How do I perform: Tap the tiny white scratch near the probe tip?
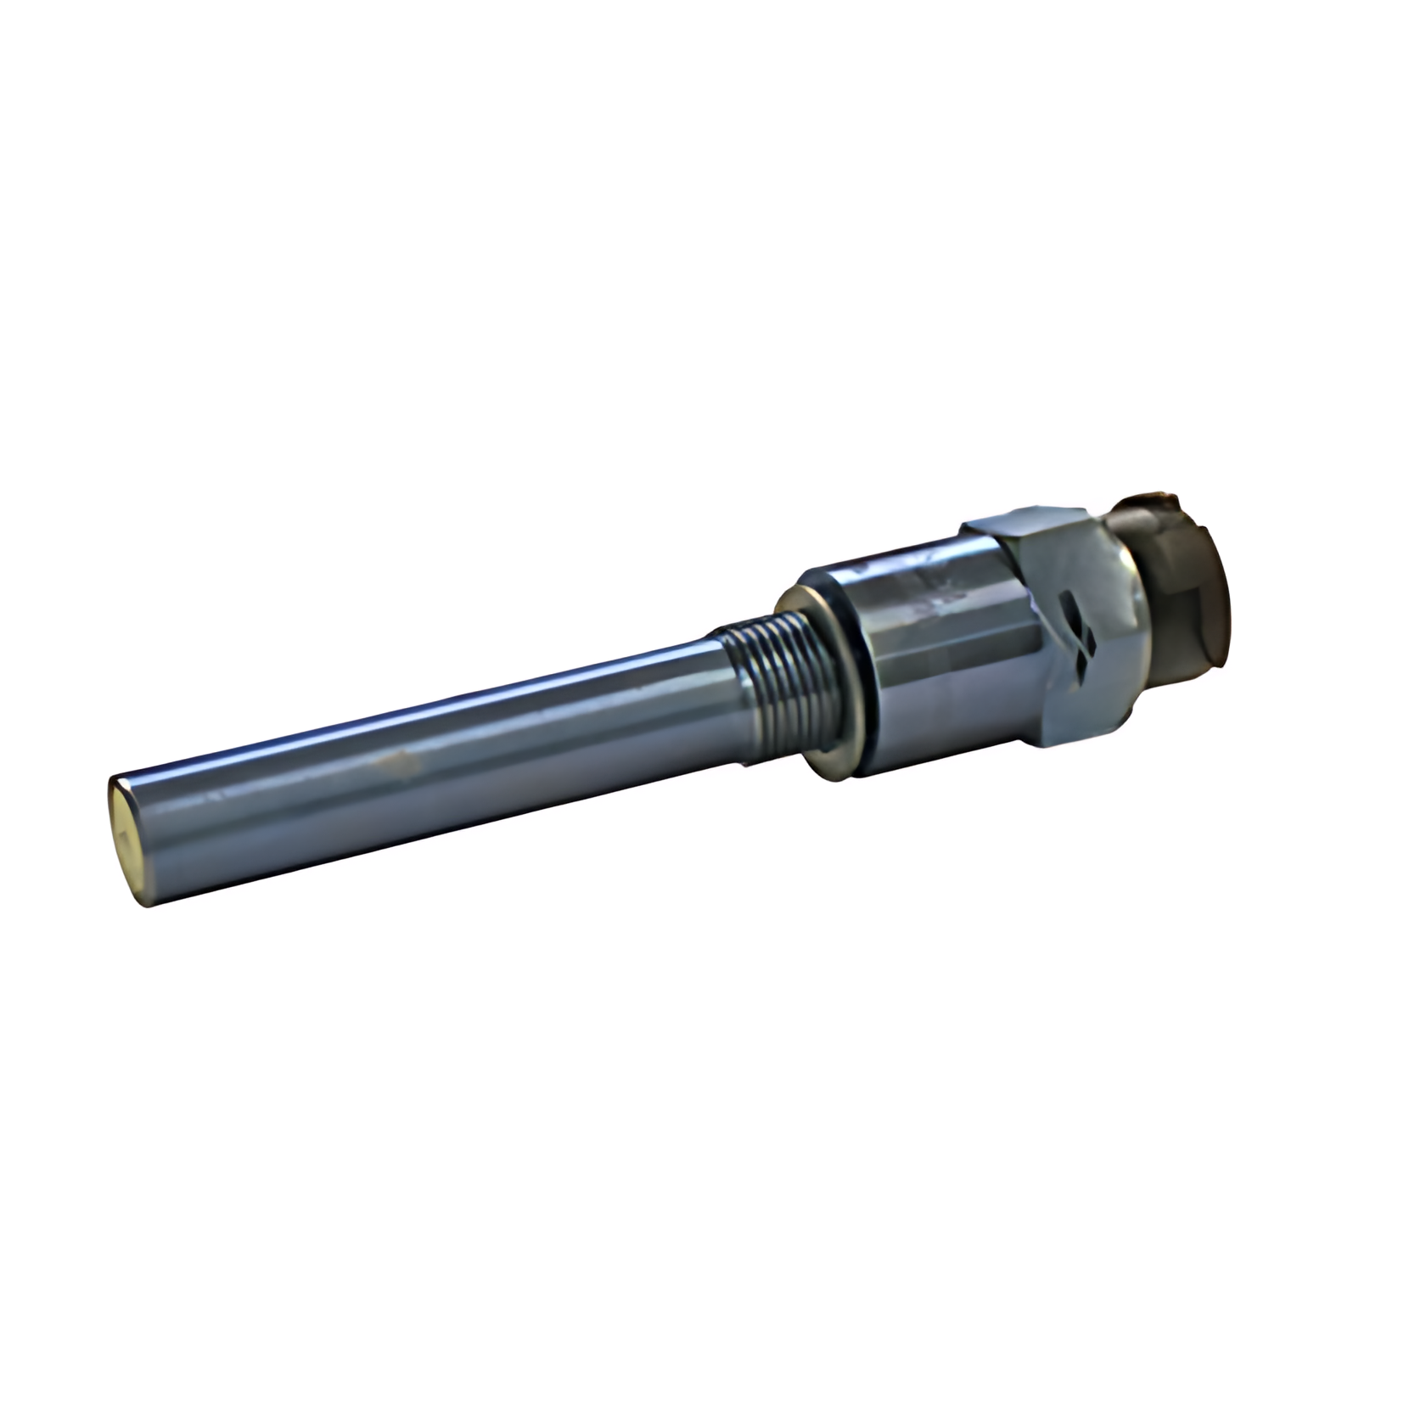coord(212,798)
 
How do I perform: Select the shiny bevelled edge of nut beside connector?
coord(1129,611)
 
